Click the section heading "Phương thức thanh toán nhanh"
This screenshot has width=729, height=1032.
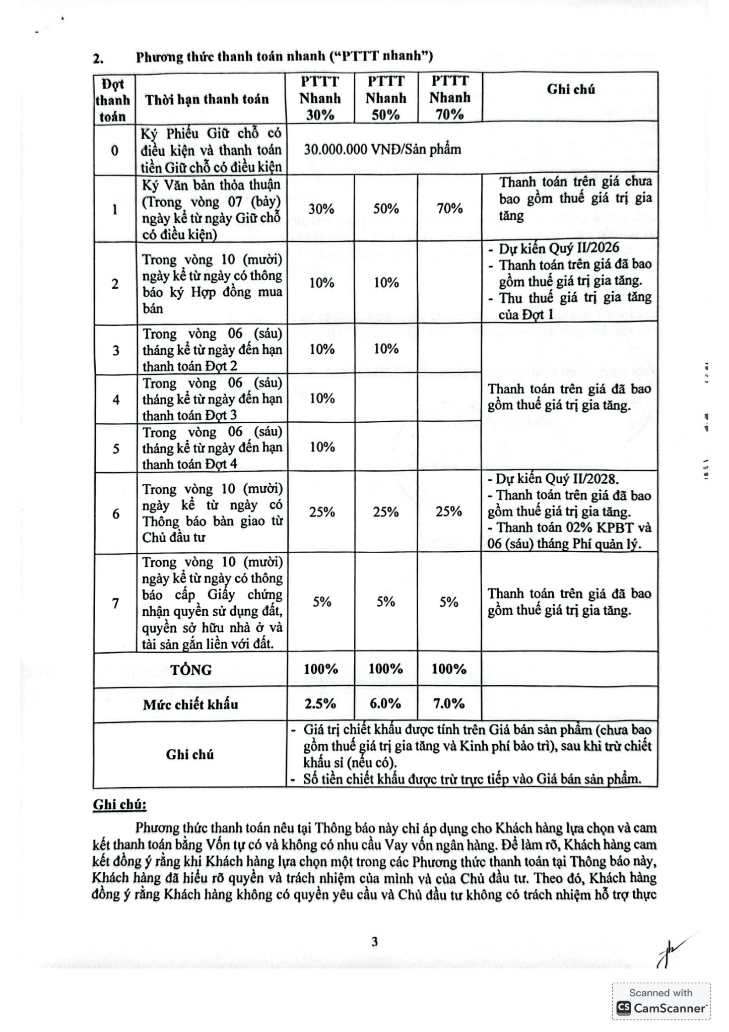click(x=284, y=56)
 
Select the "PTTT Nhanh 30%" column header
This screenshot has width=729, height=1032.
click(x=320, y=98)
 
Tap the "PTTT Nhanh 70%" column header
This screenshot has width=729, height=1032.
click(x=449, y=98)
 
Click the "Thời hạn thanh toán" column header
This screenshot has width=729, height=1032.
click(x=207, y=99)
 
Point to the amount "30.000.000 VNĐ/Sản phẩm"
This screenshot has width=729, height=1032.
click(x=382, y=149)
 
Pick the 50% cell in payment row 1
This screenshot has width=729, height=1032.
click(x=386, y=209)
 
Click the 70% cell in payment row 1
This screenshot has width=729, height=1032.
click(x=449, y=209)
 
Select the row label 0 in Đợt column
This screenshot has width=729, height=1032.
click(x=115, y=150)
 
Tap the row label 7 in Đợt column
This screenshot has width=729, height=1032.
click(x=115, y=603)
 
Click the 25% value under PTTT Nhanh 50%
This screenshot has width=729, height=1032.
click(x=386, y=512)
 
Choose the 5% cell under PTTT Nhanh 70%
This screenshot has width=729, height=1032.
click(x=448, y=602)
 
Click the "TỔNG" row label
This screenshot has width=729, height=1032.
click(x=191, y=670)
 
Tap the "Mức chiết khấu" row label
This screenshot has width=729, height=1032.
click(x=190, y=704)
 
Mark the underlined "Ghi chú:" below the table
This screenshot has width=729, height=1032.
click(x=119, y=805)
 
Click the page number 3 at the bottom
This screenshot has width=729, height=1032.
click(x=374, y=942)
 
